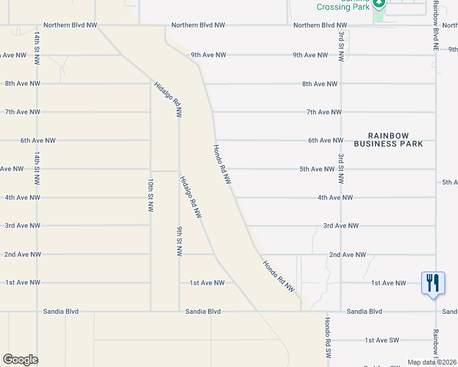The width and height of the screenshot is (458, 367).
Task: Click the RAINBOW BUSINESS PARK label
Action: click(x=396, y=139)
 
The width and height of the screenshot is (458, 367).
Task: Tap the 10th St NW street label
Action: click(x=150, y=196)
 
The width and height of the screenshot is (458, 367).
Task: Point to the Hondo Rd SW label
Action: click(x=328, y=338)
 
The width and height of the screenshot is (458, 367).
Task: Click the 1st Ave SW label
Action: click(x=381, y=340)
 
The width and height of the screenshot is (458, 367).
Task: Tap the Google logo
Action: click(x=20, y=360)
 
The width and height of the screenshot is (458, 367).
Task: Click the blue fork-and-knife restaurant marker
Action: click(x=433, y=283)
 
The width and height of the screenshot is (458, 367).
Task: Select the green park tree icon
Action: click(x=379, y=4)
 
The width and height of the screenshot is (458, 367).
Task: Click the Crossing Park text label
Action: click(x=343, y=7)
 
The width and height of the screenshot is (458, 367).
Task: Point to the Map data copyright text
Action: click(x=432, y=362)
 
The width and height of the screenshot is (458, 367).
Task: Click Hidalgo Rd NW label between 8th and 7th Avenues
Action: click(x=168, y=100)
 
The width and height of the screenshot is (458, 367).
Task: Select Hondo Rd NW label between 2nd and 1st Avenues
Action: click(x=279, y=275)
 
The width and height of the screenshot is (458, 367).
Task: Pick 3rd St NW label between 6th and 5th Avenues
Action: click(x=341, y=168)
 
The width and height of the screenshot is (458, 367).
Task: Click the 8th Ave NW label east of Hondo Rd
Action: click(x=320, y=84)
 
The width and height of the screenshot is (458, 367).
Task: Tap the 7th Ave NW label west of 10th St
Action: click(x=23, y=112)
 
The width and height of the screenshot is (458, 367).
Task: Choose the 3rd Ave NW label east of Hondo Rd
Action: click(x=340, y=226)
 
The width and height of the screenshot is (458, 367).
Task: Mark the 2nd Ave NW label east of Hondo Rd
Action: click(x=347, y=254)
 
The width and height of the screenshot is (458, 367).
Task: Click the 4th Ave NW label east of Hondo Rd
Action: click(x=335, y=198)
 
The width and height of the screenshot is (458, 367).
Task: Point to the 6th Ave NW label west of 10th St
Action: click(x=38, y=141)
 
